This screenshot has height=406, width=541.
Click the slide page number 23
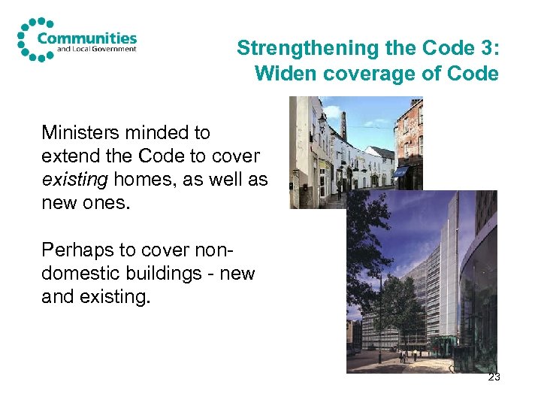click(494, 377)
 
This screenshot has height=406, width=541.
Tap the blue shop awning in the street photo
click(401, 172)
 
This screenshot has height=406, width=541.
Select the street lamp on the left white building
click(322, 120)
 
